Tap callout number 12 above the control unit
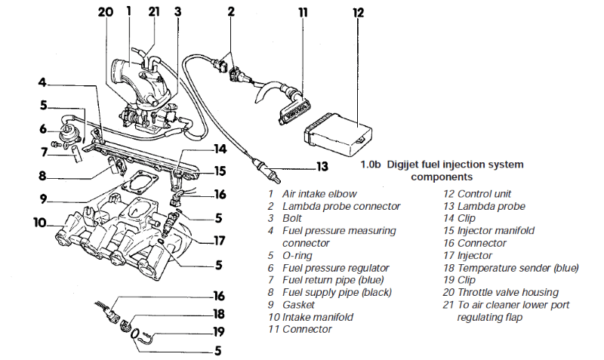(x=358, y=13)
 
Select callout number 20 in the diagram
(x=104, y=11)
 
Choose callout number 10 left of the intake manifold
(x=40, y=223)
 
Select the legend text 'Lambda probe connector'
(x=341, y=206)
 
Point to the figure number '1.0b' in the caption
(x=371, y=165)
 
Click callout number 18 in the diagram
(x=218, y=312)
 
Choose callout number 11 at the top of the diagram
(x=302, y=13)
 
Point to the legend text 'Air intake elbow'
(x=319, y=194)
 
